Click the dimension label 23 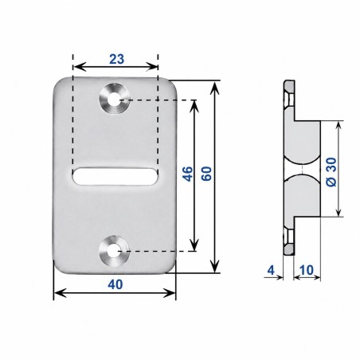pyautogui.click(x=116, y=59)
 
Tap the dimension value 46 pyautogui.click(x=188, y=174)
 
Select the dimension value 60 pyautogui.click(x=206, y=174)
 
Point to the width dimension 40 pyautogui.click(x=115, y=284)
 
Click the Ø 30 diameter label pyautogui.click(x=331, y=172)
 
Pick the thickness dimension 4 pyautogui.click(x=271, y=270)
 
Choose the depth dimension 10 pyautogui.click(x=307, y=270)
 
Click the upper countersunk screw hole pyautogui.click(x=115, y=99)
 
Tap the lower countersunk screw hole pyautogui.click(x=115, y=251)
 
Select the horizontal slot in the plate pyautogui.click(x=115, y=176)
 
